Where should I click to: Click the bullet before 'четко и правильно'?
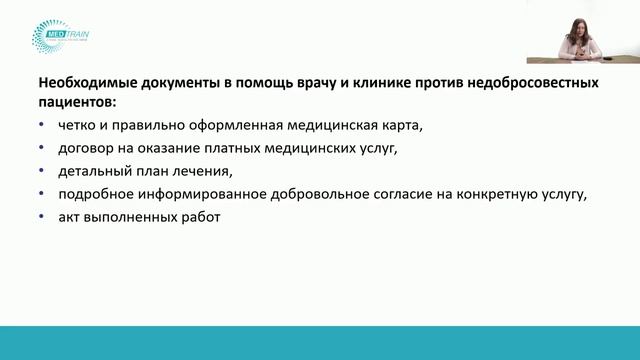click(x=40, y=125)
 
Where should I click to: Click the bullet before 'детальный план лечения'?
click(x=40, y=171)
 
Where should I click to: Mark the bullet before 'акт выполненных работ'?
click(x=40, y=217)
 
